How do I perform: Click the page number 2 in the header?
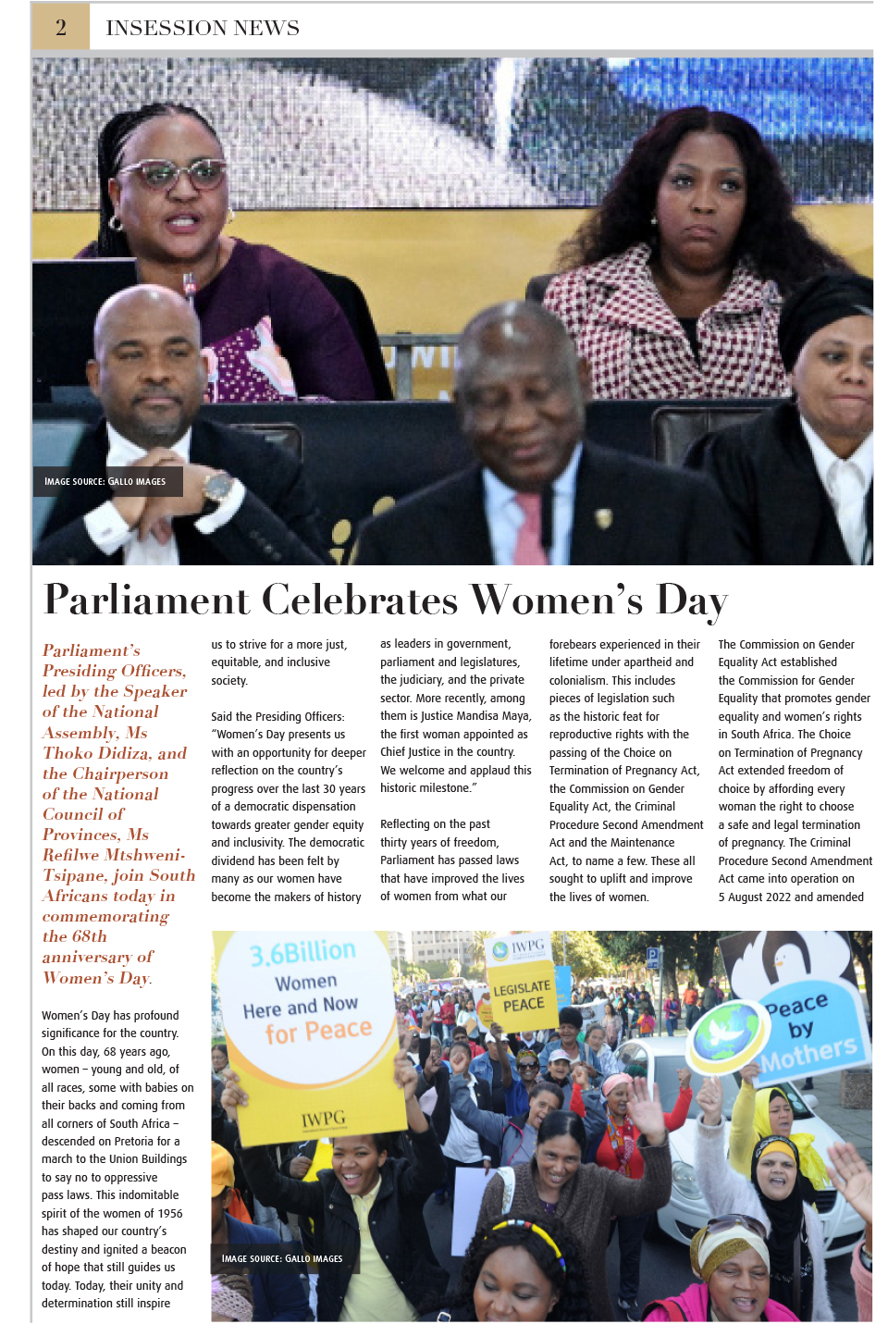point(61,27)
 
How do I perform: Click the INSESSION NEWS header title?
point(203,28)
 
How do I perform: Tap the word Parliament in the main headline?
point(146,600)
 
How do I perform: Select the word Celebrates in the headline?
point(360,600)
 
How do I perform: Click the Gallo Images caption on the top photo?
point(105,481)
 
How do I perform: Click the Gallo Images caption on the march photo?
point(282,1258)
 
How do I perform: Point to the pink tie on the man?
point(531,528)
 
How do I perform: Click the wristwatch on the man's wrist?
point(218,485)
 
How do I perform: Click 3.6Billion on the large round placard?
point(302,952)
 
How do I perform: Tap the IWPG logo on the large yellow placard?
point(323,1120)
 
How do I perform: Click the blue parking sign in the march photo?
point(653,958)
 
